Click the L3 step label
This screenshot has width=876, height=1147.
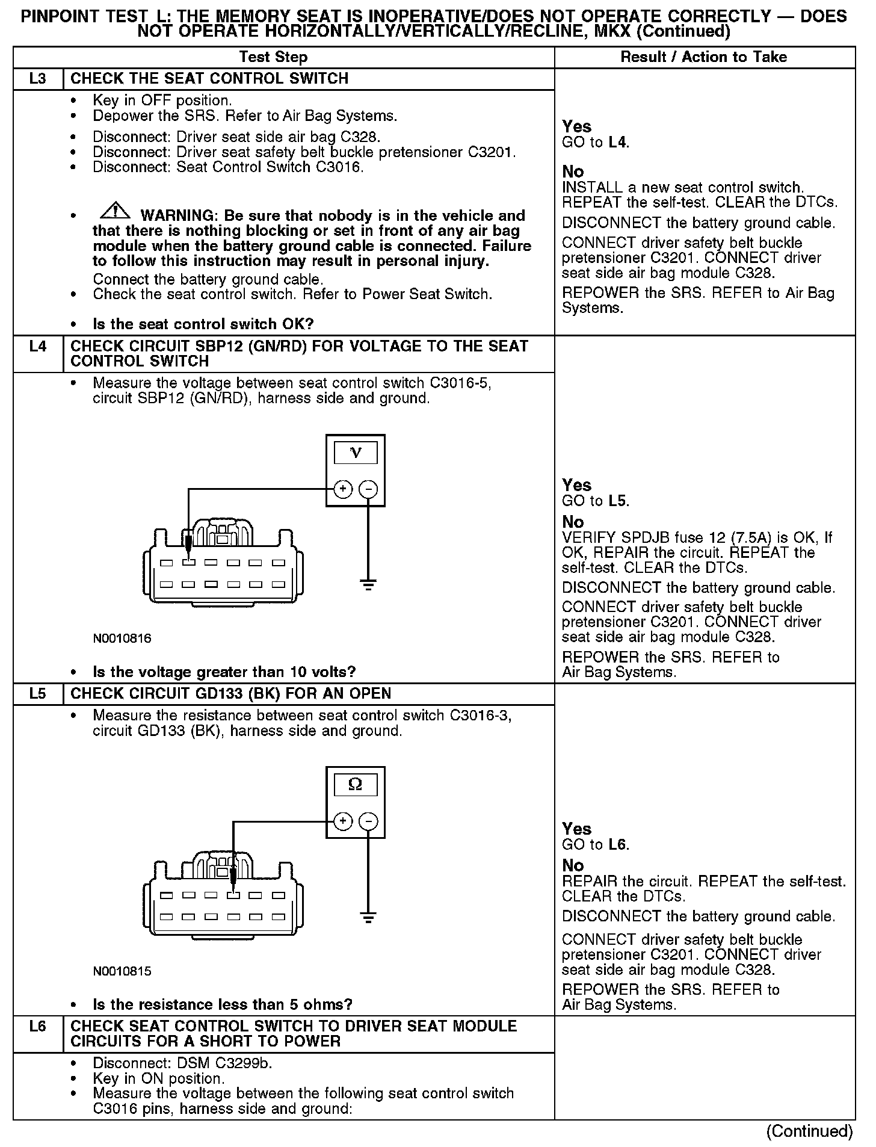tap(37, 79)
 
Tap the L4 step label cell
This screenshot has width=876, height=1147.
tap(37, 347)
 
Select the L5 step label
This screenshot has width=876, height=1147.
tap(37, 694)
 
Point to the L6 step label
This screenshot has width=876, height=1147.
tap(37, 1027)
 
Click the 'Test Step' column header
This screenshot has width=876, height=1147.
tap(273, 57)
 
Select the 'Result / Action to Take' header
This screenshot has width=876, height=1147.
tap(703, 57)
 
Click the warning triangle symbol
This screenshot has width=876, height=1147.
tap(115, 211)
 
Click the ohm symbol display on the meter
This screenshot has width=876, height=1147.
tap(356, 785)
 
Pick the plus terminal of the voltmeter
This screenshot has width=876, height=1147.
tap(342, 489)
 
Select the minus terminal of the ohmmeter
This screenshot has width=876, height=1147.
tap(368, 821)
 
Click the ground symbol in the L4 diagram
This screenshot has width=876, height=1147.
tap(368, 583)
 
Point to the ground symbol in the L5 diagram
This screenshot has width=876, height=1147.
tap(368, 917)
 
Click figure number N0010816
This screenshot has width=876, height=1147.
tap(122, 638)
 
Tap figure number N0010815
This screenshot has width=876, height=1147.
tap(122, 971)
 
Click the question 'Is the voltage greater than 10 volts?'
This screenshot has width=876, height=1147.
tap(224, 672)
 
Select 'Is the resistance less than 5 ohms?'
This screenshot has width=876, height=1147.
tap(222, 1004)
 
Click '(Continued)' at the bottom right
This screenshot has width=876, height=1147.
tap(809, 1132)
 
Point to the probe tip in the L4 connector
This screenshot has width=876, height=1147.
tap(189, 551)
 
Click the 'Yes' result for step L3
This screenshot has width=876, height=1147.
tap(576, 127)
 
